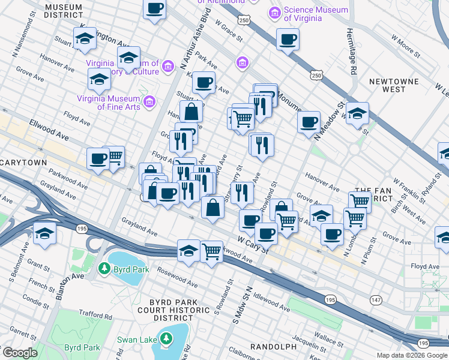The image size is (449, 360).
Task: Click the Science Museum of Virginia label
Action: tap(315, 14)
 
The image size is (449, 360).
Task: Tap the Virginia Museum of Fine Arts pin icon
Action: tap(149, 103)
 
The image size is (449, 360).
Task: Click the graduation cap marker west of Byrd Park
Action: tap(44, 233)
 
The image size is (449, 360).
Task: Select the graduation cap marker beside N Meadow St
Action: tap(357, 113)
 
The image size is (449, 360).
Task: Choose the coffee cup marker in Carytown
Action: tap(98, 159)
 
